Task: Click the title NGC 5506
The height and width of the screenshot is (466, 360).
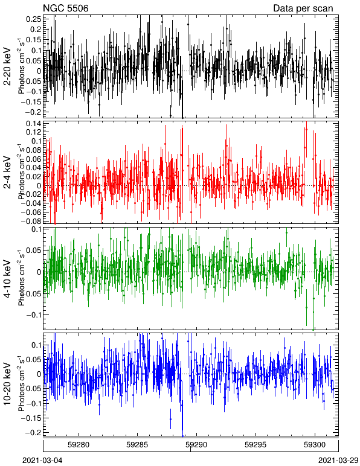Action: click(66, 8)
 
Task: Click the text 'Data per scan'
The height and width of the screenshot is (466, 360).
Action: click(303, 8)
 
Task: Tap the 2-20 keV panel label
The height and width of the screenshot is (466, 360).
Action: click(7, 66)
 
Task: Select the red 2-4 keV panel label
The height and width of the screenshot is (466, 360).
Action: click(7, 173)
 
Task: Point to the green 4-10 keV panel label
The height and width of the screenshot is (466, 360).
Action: click(7, 279)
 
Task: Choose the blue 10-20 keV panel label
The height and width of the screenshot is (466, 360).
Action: click(7, 384)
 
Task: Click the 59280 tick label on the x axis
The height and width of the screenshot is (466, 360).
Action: click(79, 445)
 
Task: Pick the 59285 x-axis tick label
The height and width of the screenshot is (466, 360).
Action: click(137, 445)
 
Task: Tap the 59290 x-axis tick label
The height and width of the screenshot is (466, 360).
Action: click(196, 445)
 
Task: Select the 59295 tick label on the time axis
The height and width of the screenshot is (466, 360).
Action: click(256, 445)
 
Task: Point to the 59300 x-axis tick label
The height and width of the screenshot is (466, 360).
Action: click(315, 445)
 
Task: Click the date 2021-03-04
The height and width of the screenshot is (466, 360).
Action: click(42, 461)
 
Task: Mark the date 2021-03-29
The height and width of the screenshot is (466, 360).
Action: click(338, 461)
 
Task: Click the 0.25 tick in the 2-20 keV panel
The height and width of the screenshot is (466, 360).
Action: click(34, 19)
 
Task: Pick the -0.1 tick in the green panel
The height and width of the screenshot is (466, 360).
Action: click(34, 314)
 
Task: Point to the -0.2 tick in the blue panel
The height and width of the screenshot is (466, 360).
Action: click(34, 432)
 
